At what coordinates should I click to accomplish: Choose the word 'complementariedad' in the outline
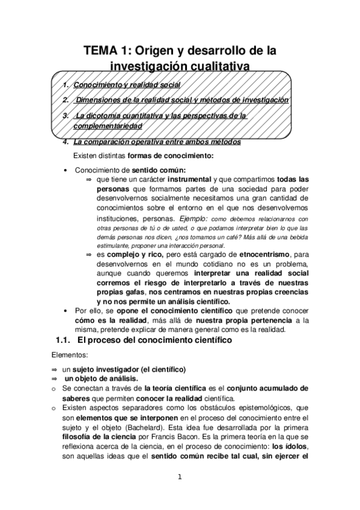tap(108, 126)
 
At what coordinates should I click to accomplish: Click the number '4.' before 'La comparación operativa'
tap(66, 142)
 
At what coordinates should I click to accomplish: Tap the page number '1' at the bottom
tap(179, 478)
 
